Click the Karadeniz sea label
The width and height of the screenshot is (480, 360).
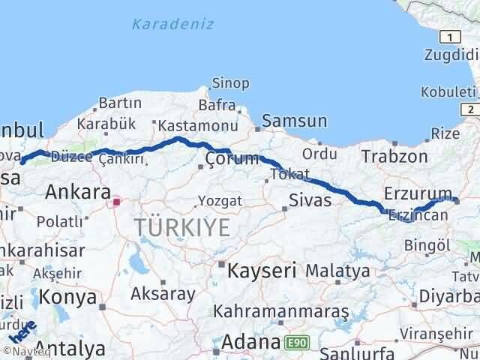tap(172, 24)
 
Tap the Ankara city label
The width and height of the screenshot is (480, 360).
tap(78, 191)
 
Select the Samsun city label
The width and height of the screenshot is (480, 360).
tap(295, 121)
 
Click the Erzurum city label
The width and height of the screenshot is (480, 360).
tap(417, 193)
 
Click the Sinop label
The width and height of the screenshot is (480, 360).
tap(226, 82)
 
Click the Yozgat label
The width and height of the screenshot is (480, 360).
tap(220, 201)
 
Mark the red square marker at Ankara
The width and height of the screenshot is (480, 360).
tap(116, 201)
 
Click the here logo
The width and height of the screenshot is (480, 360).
tap(22, 331)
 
